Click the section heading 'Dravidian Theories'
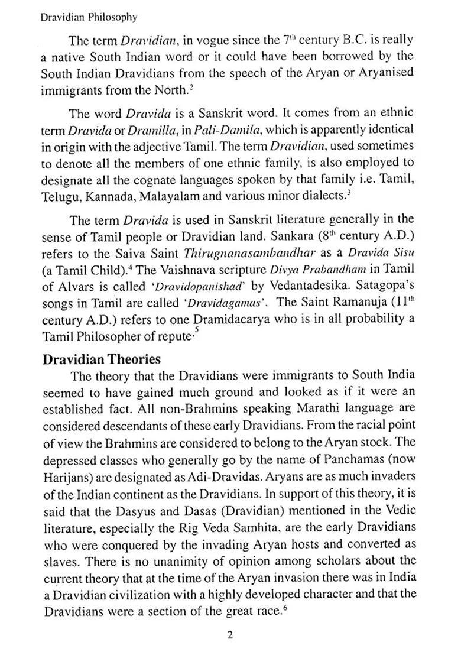[101, 359]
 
